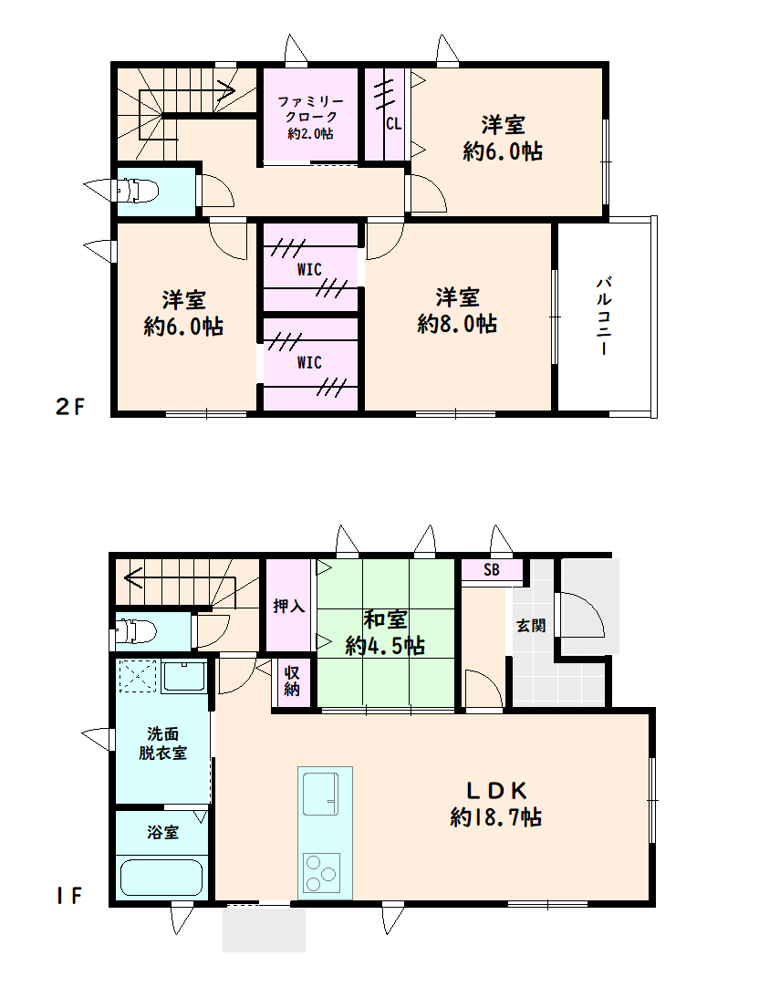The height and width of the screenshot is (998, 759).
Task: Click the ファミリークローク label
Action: point(310,109)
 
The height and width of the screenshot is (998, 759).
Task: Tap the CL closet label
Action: point(393,123)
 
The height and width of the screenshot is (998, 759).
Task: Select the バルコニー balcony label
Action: point(604,316)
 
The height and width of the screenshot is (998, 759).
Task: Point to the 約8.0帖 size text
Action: point(457,324)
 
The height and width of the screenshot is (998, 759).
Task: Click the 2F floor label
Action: point(70,406)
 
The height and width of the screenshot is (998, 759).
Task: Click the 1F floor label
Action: point(68,896)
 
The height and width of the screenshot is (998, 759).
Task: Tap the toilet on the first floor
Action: point(134,632)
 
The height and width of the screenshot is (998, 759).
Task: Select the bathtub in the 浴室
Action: point(161,878)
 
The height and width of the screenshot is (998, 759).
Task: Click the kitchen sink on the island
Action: point(320,794)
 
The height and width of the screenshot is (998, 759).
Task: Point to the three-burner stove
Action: point(322,873)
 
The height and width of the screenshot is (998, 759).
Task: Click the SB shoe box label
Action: point(492,569)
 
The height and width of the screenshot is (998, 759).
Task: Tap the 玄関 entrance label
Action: point(531,626)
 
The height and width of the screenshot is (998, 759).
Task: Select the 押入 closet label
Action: point(289,606)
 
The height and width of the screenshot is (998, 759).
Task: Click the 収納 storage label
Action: point(292,681)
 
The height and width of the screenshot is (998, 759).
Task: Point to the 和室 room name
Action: point(385,619)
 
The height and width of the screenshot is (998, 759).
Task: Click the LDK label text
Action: point(496,791)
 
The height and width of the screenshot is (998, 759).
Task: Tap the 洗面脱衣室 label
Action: point(163,743)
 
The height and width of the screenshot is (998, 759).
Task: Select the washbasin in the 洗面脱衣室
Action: point(184,677)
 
